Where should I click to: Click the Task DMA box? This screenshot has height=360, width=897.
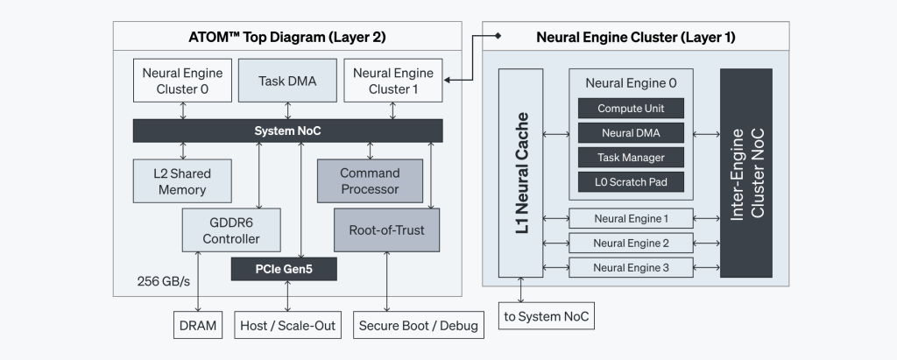(x=287, y=81)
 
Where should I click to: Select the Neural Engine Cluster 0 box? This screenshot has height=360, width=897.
(x=183, y=81)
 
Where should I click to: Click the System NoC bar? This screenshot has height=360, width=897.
(x=287, y=131)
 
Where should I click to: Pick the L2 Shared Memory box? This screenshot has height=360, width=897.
(x=183, y=180)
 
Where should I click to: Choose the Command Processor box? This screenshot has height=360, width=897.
(x=370, y=180)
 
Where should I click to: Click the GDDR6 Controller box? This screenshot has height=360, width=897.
(x=231, y=230)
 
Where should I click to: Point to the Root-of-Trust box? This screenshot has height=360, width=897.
(x=386, y=230)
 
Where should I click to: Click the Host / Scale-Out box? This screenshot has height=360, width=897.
(x=287, y=326)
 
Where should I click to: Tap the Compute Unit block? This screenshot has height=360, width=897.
(x=631, y=109)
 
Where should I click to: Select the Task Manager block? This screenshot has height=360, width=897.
(x=631, y=159)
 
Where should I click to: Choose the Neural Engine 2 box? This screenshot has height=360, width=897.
(x=631, y=243)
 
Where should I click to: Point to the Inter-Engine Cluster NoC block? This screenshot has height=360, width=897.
(x=746, y=172)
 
